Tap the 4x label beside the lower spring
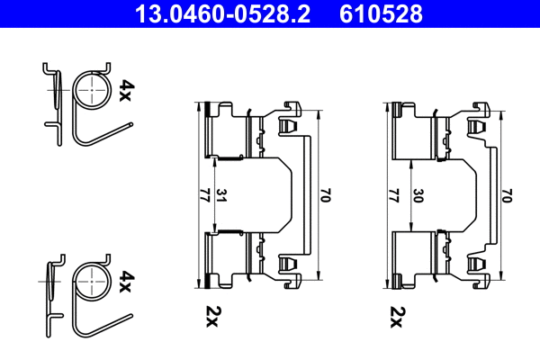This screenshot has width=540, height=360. click(126, 283)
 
